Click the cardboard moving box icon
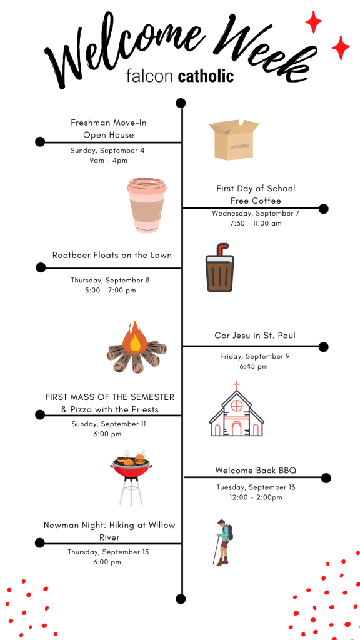[x=234, y=139]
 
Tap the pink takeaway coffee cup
[x=147, y=205]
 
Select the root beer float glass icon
[x=219, y=268]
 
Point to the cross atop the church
[x=236, y=386]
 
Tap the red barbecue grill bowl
[x=131, y=470]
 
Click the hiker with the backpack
[x=223, y=542]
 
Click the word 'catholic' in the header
[x=206, y=76]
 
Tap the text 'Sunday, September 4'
[x=107, y=150]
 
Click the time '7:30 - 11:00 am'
[x=256, y=223]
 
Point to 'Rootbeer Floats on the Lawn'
[x=112, y=255]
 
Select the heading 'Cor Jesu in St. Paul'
[x=255, y=336]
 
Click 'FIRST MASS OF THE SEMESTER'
[x=110, y=397]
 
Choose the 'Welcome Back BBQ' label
[x=256, y=471]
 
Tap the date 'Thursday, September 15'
[x=109, y=552]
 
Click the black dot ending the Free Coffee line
[x=323, y=209]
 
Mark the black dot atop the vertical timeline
[x=181, y=103]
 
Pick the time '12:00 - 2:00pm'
[x=256, y=497]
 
